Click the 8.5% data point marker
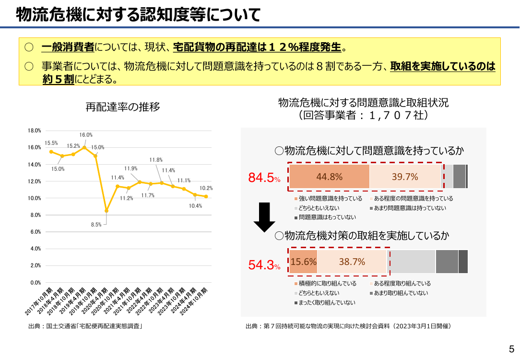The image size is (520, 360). (106, 211)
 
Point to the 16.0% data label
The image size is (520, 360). (86, 135)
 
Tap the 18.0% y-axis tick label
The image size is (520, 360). (34, 131)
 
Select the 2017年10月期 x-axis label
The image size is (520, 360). (39, 301)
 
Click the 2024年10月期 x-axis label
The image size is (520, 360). (194, 301)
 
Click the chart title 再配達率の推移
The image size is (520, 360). (123, 107)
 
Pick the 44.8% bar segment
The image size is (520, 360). (329, 177)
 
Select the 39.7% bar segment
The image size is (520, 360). (405, 177)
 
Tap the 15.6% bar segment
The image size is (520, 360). (303, 262)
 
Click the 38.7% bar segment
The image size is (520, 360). (352, 262)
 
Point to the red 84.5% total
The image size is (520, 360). (264, 178)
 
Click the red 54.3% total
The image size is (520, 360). (264, 265)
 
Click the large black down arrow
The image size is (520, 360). (264, 217)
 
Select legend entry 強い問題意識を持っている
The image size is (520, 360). (328, 198)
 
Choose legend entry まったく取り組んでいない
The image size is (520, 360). (325, 302)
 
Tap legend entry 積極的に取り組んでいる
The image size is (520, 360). (325, 283)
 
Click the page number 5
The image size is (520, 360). (511, 349)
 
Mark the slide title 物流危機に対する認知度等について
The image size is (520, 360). (138, 14)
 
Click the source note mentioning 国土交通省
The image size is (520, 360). (85, 326)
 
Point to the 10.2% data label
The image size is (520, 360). (206, 188)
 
